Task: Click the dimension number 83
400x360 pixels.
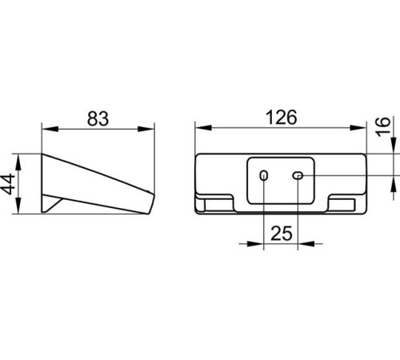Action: tap(98, 118)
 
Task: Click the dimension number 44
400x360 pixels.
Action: tap(7, 184)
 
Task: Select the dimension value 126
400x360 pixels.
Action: tap(282, 118)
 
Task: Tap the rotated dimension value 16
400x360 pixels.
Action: tap(383, 126)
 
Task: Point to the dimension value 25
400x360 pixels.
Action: tap(282, 234)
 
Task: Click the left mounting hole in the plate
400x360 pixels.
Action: tap(264, 176)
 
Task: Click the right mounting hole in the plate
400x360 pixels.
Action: tap(298, 175)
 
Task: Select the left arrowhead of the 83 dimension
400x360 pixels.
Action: tap(50, 129)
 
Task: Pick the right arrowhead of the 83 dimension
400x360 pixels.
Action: tap(146, 129)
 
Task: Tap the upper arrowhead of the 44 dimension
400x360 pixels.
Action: tap(18, 162)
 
